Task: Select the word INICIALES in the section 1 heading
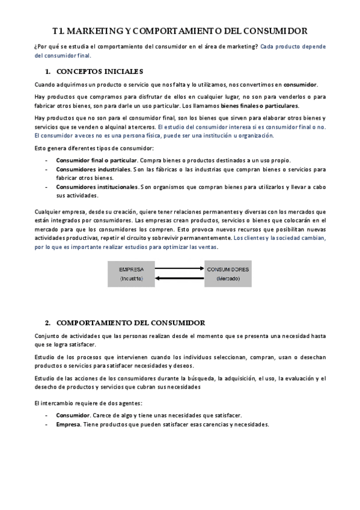(123, 71)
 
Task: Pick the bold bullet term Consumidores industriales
(93, 170)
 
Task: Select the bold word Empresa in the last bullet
(69, 424)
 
